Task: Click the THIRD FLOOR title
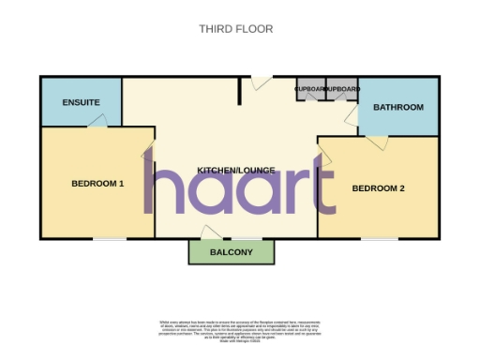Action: [x=235, y=29]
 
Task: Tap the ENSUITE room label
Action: [x=81, y=102]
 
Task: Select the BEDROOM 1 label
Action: [x=97, y=184]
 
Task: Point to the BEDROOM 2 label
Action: [x=378, y=188]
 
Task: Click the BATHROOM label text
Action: [x=398, y=107]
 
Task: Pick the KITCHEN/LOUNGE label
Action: [x=235, y=170]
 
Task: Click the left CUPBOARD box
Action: [x=309, y=89]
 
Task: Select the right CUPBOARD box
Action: [x=341, y=89]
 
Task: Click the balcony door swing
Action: [x=212, y=232]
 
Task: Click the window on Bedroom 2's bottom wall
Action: [x=379, y=238]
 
